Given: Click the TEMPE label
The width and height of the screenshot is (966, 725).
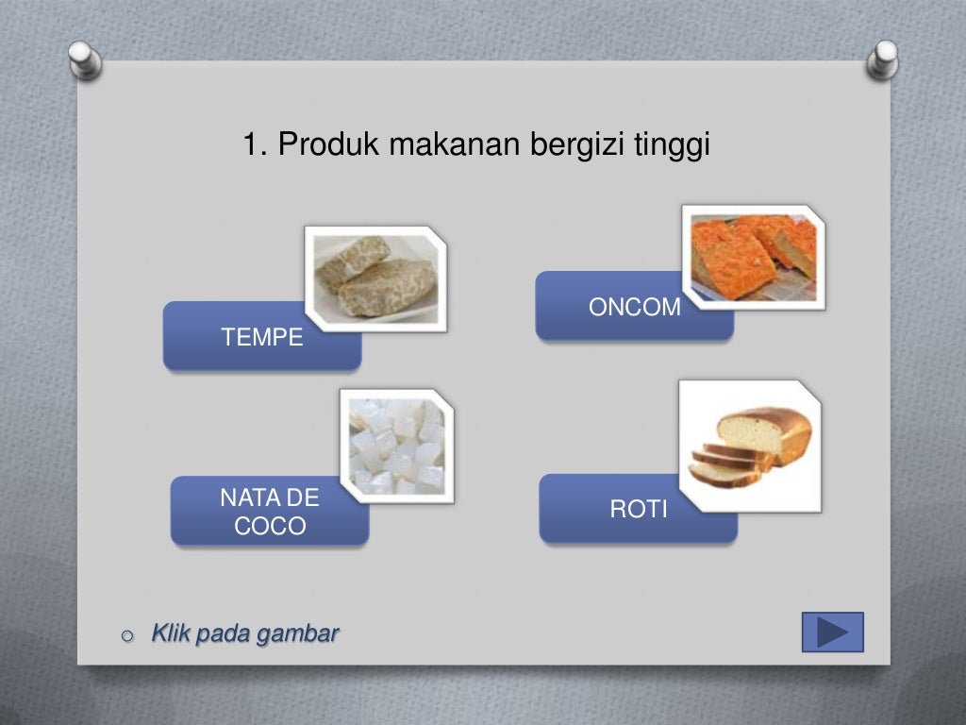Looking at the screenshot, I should (261, 337).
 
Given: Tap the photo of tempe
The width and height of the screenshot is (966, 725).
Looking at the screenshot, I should (375, 278).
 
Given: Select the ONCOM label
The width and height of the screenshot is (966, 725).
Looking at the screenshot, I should (634, 307).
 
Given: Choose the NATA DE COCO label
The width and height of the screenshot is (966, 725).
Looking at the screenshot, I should (270, 512).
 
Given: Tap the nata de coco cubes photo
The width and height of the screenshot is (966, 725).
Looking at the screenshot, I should (396, 447).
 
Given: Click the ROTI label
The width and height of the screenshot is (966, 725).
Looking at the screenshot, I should (638, 510).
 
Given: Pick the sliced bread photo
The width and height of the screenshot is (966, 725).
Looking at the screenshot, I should (750, 446).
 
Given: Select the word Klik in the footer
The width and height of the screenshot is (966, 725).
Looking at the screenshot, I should (171, 633).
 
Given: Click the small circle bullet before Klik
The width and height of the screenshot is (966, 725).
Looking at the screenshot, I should (128, 636).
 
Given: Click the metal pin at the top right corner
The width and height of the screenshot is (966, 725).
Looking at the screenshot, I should (882, 59).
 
